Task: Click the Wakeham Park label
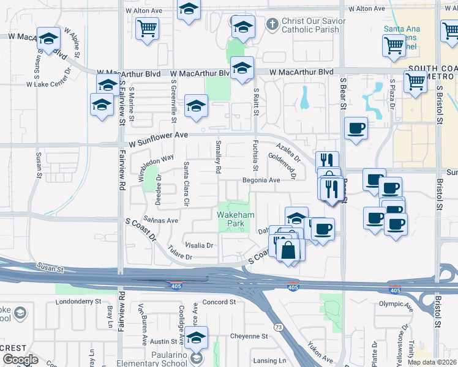(x=231, y=220)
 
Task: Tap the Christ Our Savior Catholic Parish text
(x=313, y=25)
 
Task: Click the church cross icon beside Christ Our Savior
(x=273, y=24)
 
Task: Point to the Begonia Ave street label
(x=261, y=180)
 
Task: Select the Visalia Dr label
(x=199, y=245)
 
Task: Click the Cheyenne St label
(x=249, y=336)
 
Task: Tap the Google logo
(x=20, y=360)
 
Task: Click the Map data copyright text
(x=432, y=362)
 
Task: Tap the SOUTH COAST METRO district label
(x=429, y=72)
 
